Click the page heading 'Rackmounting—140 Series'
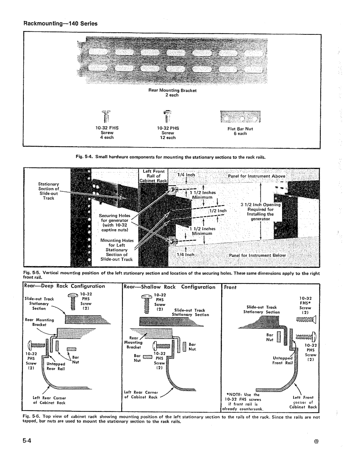click(x=60, y=23)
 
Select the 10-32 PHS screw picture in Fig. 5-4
click(x=168, y=117)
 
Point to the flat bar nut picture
click(x=240, y=117)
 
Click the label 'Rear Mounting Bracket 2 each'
click(x=173, y=93)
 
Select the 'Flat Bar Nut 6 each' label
click(x=240, y=131)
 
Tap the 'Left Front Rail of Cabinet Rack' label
click(x=153, y=176)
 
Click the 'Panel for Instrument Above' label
click(x=257, y=176)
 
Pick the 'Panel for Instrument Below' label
click(x=257, y=255)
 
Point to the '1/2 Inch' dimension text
click(x=218, y=210)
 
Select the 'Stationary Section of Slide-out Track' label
click(x=48, y=191)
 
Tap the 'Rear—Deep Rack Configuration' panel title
click(x=65, y=286)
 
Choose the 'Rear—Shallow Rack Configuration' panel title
click(x=169, y=287)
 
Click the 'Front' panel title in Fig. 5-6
click(x=230, y=287)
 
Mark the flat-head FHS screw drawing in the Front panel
click(x=306, y=320)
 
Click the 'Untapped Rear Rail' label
click(x=56, y=366)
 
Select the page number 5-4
click(x=27, y=440)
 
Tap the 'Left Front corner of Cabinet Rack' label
click(x=303, y=402)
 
